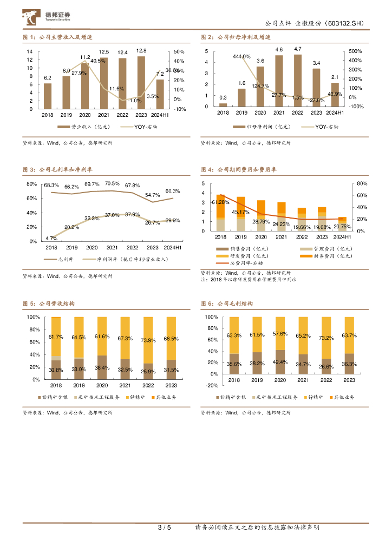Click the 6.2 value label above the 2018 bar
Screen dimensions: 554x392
[x=48, y=78]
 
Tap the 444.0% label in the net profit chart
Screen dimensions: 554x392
[x=241, y=56]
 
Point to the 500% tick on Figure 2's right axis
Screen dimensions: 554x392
[x=356, y=51]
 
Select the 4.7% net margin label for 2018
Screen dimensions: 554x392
[x=51, y=238]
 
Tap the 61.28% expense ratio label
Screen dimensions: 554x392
[x=221, y=202]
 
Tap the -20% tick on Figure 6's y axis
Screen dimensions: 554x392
[x=212, y=386]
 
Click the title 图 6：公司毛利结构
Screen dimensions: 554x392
[x=227, y=304]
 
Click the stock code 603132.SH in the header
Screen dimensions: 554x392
[x=347, y=24]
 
